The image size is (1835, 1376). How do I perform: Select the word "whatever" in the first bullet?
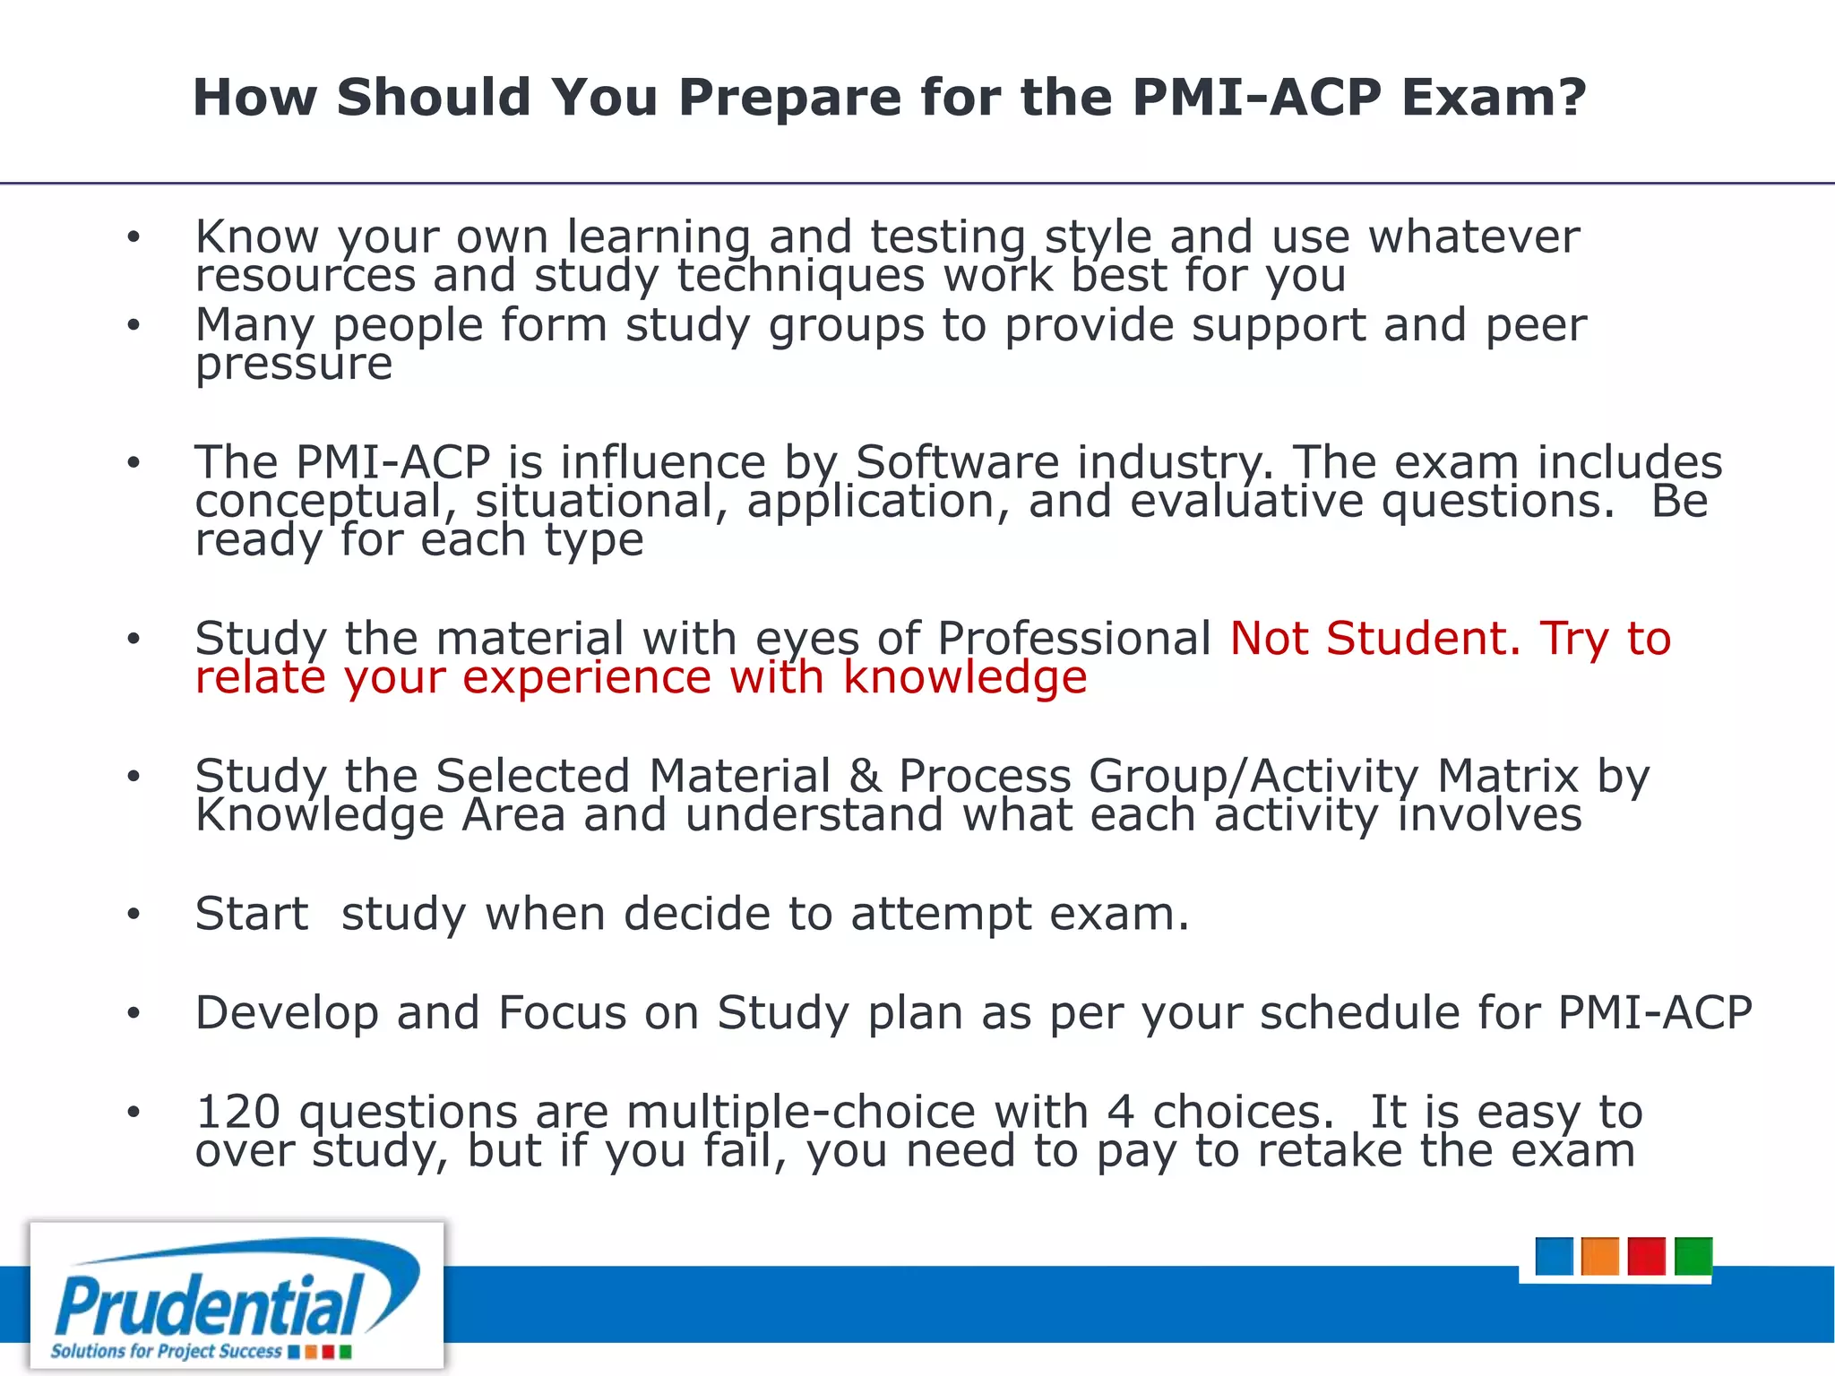click(x=1473, y=237)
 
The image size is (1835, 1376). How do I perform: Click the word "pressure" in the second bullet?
click(x=294, y=365)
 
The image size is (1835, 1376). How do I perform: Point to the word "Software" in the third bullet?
click(x=957, y=463)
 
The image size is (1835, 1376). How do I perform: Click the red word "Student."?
click(x=1423, y=639)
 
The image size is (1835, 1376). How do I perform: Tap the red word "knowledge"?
click(x=965, y=677)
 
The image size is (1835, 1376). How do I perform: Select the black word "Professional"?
click(x=1074, y=639)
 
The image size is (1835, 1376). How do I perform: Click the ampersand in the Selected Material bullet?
click(x=865, y=777)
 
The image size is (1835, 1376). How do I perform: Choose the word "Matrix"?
click(x=1507, y=777)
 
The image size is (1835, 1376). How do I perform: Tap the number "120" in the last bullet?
click(x=238, y=1113)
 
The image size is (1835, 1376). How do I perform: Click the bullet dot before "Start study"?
click(x=134, y=915)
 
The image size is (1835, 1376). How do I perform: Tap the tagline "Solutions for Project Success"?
click(x=166, y=1351)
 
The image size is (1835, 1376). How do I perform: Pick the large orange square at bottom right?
click(x=1599, y=1256)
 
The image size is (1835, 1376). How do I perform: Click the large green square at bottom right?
click(x=1693, y=1256)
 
